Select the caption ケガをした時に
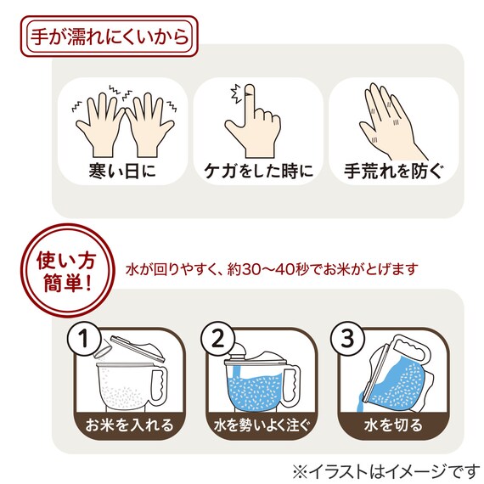(x=258, y=170)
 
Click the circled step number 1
(x=83, y=340)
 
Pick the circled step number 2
(x=217, y=340)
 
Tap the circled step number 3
(x=351, y=340)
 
